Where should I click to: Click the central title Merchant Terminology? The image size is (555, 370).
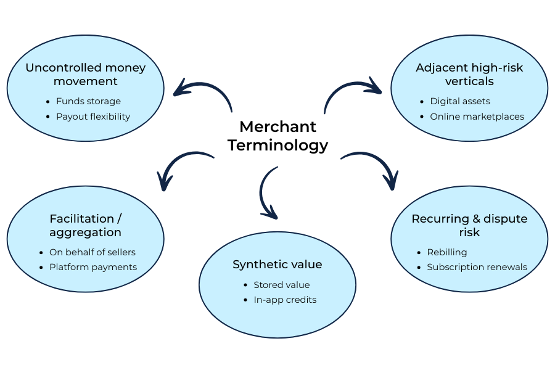[x=277, y=136]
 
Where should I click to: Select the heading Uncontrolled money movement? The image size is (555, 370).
[x=85, y=74]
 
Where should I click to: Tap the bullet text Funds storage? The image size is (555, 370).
[x=88, y=101]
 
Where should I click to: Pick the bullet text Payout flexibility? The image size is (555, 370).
[x=93, y=117]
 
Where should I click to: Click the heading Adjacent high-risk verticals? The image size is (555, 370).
[x=469, y=74]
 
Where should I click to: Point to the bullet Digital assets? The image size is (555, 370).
[x=460, y=101]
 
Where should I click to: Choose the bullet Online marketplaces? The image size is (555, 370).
[x=477, y=117]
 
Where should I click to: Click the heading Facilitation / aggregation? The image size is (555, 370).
[x=85, y=225]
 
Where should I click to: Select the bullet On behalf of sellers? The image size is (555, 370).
[x=92, y=252]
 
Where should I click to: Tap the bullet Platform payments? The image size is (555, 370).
[x=93, y=267]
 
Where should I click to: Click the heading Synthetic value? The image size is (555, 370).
[x=277, y=265]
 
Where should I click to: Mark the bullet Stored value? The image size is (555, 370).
[x=282, y=285]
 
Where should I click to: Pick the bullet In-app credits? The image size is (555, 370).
[x=285, y=300]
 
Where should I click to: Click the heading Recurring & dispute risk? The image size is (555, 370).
[x=469, y=225]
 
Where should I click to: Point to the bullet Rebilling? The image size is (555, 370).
[x=447, y=252]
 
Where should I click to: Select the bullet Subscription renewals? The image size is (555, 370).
[x=477, y=267]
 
